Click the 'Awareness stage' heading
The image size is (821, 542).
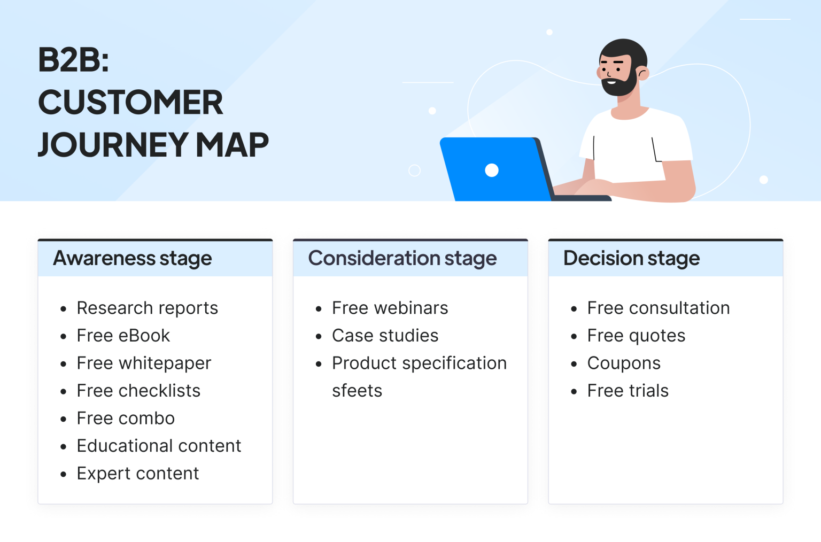[x=132, y=259]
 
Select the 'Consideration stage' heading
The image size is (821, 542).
[x=402, y=259]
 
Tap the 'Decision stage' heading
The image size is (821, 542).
[x=631, y=259]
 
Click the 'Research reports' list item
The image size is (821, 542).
[x=147, y=308]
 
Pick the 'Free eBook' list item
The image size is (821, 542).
[x=123, y=336]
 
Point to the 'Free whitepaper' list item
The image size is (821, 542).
[x=144, y=363]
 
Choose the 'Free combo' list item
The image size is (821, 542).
[x=126, y=419]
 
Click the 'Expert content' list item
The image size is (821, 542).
[x=137, y=474]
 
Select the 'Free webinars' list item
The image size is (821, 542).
[x=390, y=308]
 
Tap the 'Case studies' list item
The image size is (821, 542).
[x=385, y=336]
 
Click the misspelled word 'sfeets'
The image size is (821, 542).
[x=357, y=391]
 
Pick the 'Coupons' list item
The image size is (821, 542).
[x=623, y=363]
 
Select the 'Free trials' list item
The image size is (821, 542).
[x=628, y=391]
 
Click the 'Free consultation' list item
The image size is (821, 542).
[x=658, y=308]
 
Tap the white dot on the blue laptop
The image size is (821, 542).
[x=492, y=170]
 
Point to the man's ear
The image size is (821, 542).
[x=643, y=73]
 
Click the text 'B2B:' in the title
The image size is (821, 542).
[x=73, y=60]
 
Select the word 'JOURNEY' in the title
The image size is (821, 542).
[x=113, y=145]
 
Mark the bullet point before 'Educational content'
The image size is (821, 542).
[x=64, y=446]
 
